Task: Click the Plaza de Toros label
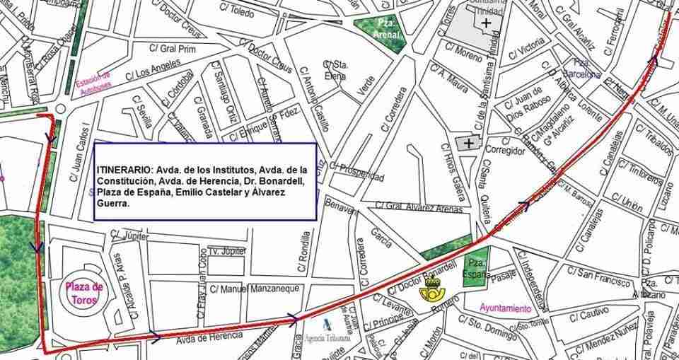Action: pos(84,292)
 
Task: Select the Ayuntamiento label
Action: pos(505,308)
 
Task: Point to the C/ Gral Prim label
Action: pos(172,48)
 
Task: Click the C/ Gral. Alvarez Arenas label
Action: pos(419,208)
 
